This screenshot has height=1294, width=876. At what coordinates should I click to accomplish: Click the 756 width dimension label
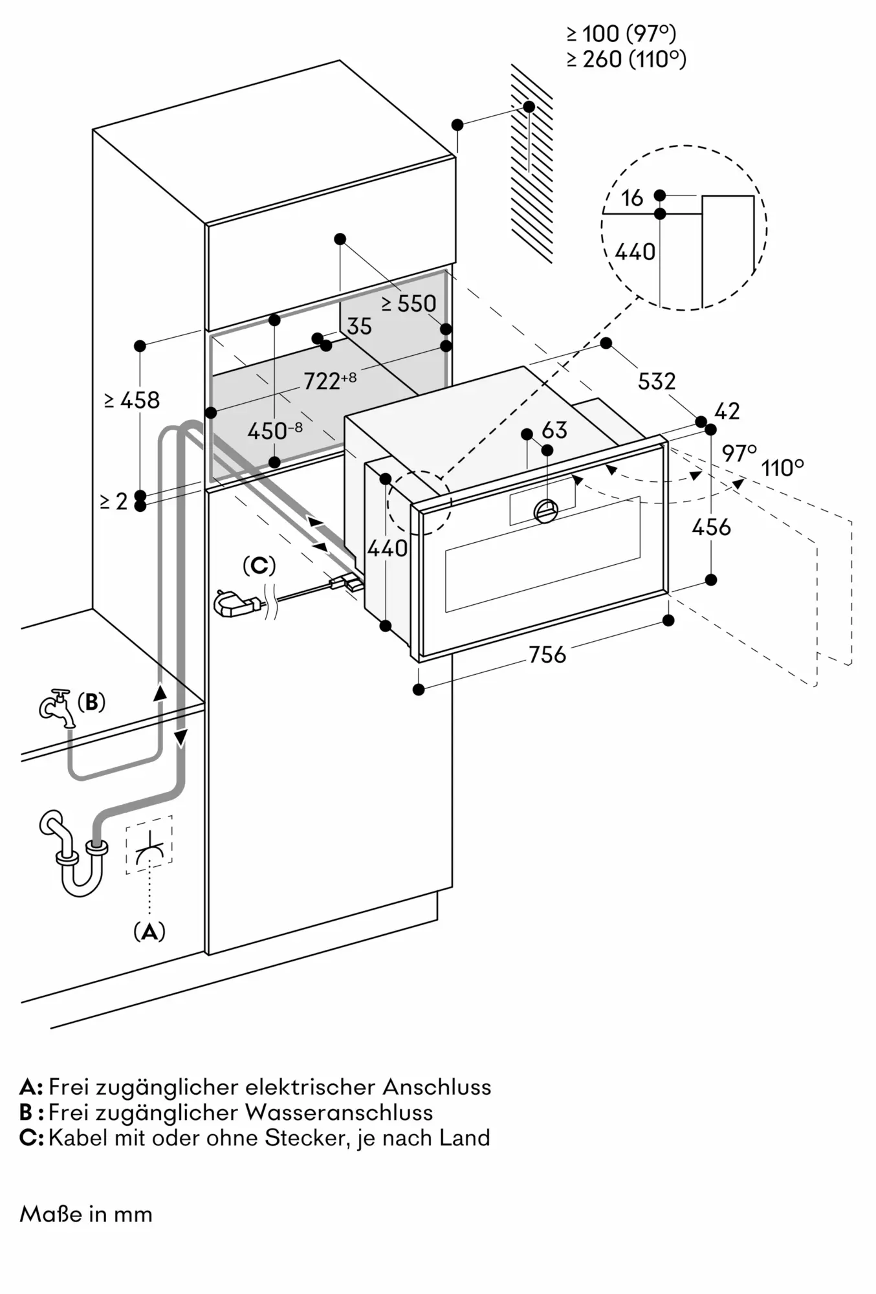tap(547, 655)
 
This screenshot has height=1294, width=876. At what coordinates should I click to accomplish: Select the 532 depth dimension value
tap(657, 381)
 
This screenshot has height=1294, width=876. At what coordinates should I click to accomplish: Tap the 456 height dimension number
tap(711, 527)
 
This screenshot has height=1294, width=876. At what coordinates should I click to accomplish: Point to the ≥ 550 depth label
tap(408, 303)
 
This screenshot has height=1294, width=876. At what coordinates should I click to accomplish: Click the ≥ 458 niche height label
tap(131, 400)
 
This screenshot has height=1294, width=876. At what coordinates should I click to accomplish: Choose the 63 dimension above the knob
tap(554, 430)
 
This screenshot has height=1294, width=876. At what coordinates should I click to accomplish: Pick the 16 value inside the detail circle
tap(632, 198)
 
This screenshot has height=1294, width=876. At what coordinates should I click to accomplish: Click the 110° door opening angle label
tap(782, 467)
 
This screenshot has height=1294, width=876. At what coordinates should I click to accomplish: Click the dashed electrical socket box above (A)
tap(149, 844)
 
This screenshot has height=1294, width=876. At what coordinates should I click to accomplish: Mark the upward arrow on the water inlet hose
tap(160, 692)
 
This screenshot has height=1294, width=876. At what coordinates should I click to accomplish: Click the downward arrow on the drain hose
tap(181, 736)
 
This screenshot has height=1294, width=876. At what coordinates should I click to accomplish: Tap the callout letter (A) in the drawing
tap(149, 932)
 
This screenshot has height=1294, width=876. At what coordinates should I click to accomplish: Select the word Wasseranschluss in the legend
tap(338, 1112)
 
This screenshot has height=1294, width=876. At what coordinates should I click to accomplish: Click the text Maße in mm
tap(86, 1214)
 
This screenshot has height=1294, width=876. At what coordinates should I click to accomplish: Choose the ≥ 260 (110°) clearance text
tap(626, 60)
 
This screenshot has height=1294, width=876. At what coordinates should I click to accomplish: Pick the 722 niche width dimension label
tap(329, 381)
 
